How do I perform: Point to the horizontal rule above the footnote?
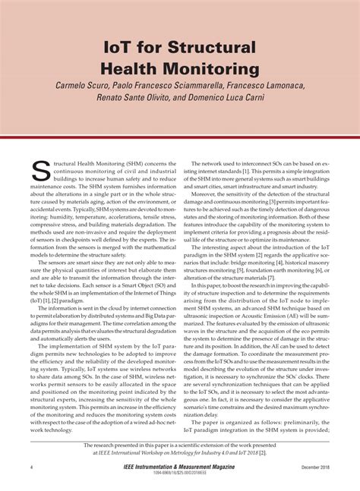[180, 439]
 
